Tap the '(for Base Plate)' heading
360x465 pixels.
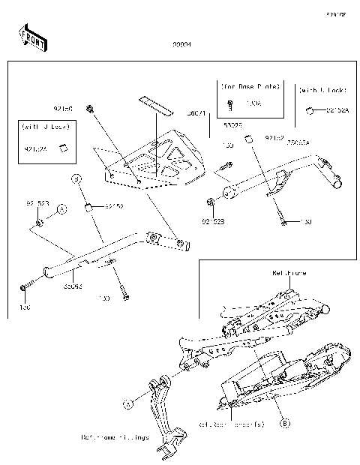250,86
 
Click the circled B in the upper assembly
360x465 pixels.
76,178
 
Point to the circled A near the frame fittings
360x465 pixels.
128,403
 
